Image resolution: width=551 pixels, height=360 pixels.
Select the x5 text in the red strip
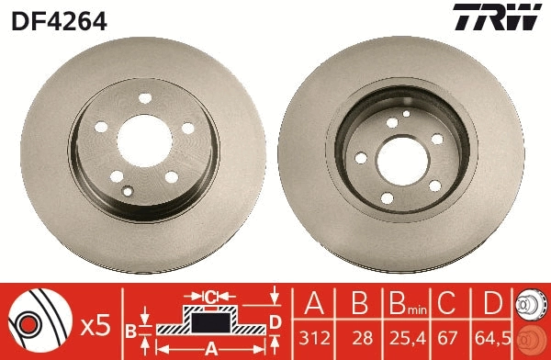(x=95, y=323)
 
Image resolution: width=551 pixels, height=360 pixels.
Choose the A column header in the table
(x=312, y=303)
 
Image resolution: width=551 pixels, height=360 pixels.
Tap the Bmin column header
(x=401, y=304)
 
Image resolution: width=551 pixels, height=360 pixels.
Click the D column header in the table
(x=491, y=303)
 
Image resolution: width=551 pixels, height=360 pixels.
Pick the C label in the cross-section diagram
(x=209, y=297)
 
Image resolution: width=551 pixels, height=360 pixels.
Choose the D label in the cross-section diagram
(x=275, y=321)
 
